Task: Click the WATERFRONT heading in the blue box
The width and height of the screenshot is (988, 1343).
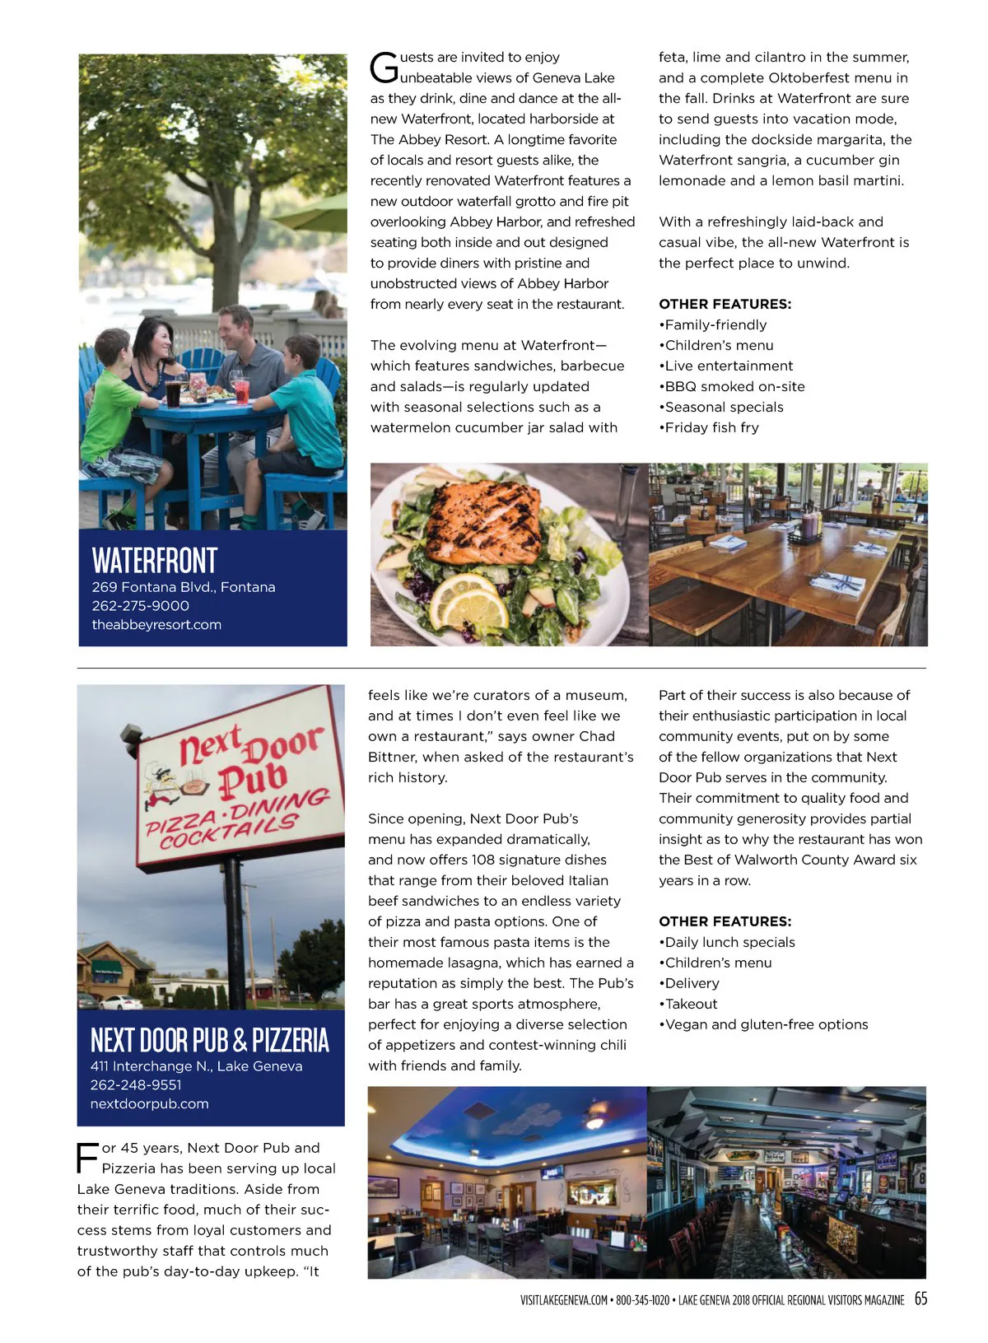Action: click(155, 561)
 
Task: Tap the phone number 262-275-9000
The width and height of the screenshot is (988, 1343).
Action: click(141, 605)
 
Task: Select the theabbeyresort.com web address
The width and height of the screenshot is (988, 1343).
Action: click(156, 624)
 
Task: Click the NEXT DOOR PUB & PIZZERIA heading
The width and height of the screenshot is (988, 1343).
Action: click(209, 1040)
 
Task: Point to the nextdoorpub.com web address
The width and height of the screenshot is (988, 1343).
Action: click(149, 1103)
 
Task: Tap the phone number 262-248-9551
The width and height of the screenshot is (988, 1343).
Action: click(136, 1084)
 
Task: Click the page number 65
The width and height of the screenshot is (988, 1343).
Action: click(920, 1299)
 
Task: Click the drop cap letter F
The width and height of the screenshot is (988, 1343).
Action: click(87, 1157)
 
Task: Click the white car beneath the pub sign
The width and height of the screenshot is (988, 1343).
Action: click(121, 1002)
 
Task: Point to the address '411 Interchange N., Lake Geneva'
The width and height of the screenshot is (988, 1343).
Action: click(196, 1066)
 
